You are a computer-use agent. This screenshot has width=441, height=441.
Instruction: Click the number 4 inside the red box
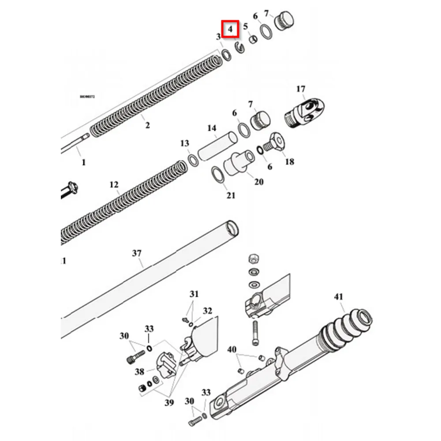point(230,30)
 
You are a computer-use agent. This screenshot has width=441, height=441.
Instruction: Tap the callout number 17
point(301,89)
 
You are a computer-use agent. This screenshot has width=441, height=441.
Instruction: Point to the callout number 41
point(338,297)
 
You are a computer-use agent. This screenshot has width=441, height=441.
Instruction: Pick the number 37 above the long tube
point(137,253)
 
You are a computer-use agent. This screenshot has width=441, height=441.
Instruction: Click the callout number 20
point(259,181)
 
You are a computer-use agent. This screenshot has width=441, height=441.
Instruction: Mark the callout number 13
point(184,143)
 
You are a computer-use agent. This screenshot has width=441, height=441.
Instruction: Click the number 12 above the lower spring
point(114,184)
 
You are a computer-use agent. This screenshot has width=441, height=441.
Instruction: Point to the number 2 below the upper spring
point(147,125)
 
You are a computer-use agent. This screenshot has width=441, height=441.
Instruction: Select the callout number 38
point(139,371)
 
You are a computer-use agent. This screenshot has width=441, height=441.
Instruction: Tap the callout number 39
point(169,402)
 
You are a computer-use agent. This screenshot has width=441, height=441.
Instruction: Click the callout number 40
point(232,350)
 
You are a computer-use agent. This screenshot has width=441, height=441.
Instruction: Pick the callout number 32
point(208,311)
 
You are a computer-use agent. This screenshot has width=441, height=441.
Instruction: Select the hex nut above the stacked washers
point(254,258)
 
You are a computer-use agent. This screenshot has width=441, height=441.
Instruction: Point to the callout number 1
point(84,162)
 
